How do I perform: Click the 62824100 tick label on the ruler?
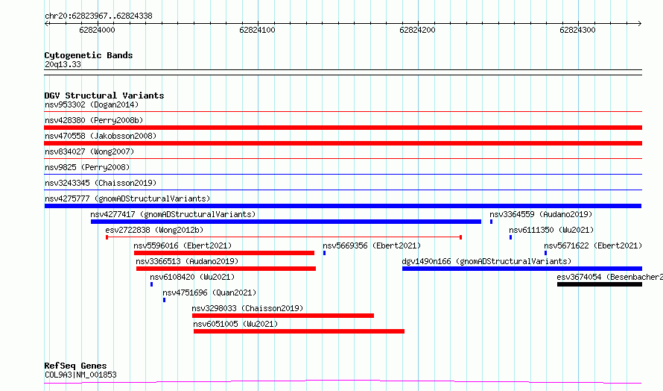257,30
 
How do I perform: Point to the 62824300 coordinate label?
577,30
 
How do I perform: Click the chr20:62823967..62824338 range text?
98,16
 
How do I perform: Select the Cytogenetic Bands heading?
89,55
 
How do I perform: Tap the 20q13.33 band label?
63,64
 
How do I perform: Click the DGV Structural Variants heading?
104,96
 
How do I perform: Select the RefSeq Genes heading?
75,366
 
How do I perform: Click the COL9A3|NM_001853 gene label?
80,375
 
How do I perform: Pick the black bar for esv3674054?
600,284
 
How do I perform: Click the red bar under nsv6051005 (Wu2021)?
299,331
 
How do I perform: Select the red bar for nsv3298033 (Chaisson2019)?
283,316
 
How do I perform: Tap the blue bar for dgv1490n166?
522,269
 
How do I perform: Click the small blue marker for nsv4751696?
164,300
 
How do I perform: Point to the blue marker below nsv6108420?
151,284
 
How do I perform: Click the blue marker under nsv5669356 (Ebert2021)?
324,253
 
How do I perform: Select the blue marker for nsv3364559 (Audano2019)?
491,222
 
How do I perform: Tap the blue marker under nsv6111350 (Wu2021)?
510,237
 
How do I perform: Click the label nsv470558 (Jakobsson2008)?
101,136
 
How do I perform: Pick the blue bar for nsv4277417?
286,222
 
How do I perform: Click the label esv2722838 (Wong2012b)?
154,230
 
